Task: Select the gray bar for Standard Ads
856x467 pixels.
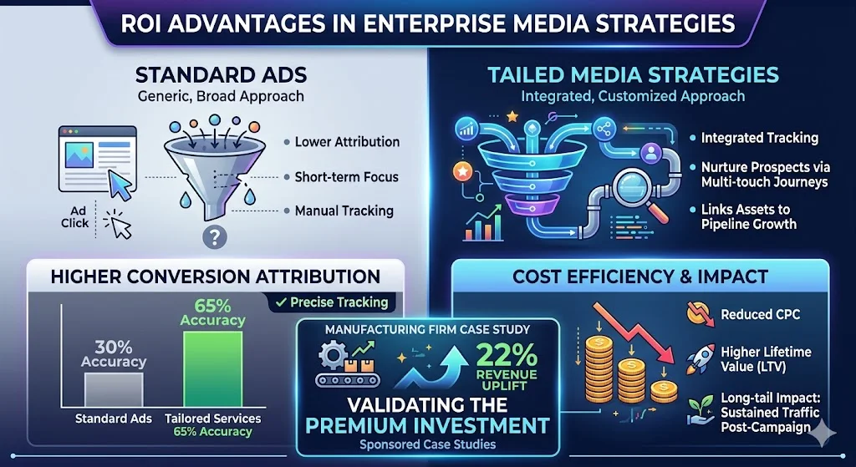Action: point(113,389)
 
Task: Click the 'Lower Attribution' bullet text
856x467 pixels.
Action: point(346,142)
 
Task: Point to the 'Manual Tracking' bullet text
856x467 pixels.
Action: point(344,211)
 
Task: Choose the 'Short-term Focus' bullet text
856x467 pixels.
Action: point(346,177)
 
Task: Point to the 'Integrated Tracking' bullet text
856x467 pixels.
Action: point(759,138)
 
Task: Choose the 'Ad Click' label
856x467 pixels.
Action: point(75,217)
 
